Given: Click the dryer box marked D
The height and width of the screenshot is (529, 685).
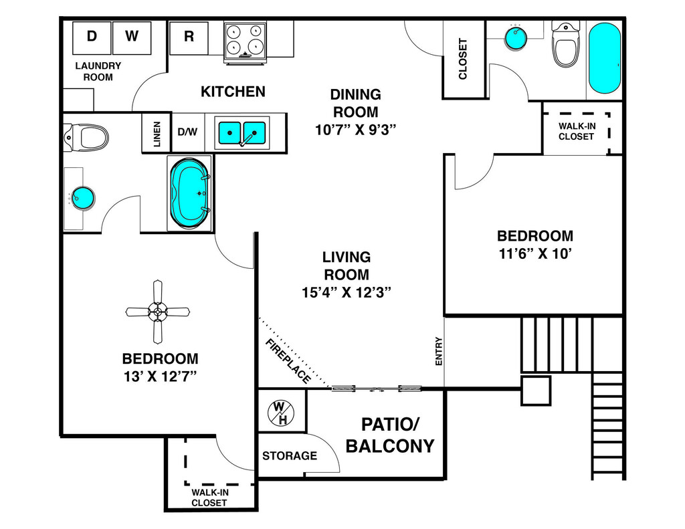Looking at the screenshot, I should (92, 37).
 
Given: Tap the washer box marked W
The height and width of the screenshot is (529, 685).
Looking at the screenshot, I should (132, 37).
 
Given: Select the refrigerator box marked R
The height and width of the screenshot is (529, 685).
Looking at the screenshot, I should (189, 37).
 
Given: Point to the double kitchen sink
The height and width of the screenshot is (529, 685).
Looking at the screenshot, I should (242, 132).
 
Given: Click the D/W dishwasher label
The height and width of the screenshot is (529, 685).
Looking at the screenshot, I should (187, 132).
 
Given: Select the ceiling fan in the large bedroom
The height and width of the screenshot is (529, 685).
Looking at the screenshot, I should (158, 311).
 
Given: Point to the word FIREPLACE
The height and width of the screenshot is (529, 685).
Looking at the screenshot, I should (288, 361).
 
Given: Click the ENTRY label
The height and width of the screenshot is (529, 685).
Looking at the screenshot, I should (439, 350).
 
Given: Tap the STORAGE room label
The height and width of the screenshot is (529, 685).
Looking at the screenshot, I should (290, 456).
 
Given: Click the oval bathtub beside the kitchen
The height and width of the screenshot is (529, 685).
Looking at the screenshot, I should (191, 193).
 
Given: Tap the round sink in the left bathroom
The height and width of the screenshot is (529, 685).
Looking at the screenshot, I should (84, 197).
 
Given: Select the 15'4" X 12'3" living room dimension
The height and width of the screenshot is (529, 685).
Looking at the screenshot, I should (346, 292).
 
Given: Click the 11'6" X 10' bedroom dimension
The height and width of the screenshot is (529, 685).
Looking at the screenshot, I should (535, 254).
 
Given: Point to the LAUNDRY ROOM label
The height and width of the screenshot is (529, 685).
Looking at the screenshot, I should (98, 71).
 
